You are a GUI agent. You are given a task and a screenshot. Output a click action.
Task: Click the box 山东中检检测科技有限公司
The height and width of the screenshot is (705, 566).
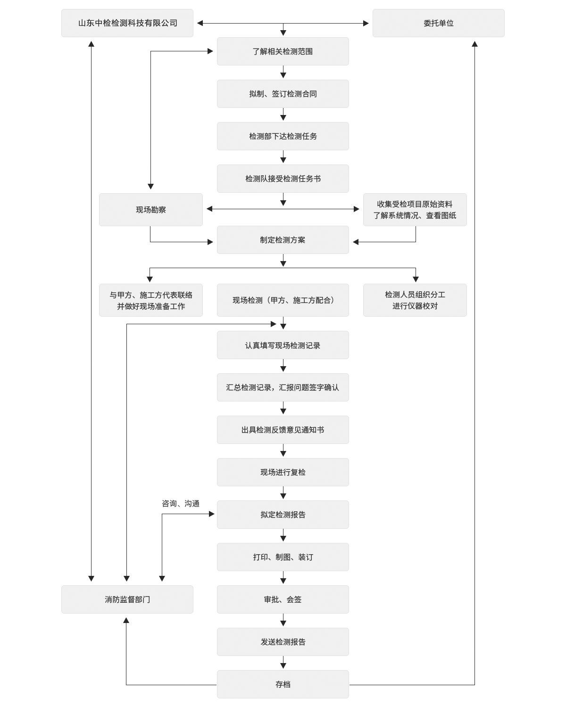127,23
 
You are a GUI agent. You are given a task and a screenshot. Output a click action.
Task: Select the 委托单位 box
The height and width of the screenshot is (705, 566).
439,23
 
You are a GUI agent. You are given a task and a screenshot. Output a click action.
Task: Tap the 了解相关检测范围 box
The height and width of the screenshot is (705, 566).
283,51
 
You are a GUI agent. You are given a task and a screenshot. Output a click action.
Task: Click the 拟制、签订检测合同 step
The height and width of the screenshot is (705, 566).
283,94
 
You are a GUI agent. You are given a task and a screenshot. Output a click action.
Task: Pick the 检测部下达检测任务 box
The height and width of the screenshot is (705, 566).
283,136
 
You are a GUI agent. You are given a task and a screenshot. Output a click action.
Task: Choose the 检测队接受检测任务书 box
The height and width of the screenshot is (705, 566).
283,179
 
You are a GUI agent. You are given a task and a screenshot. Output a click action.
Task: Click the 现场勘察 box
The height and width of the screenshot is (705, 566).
151,210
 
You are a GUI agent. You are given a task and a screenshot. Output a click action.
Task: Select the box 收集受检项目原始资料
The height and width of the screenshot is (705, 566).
415,210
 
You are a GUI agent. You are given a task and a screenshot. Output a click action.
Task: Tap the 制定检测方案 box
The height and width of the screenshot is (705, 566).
283,240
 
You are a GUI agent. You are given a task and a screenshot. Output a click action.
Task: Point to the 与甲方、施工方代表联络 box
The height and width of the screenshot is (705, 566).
151,300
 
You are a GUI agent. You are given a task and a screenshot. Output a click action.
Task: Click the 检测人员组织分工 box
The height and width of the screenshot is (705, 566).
415,300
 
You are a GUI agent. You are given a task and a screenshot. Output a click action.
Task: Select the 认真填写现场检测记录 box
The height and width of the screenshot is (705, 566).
283,345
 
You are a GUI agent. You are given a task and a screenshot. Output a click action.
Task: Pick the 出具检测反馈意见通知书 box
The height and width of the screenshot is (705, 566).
283,430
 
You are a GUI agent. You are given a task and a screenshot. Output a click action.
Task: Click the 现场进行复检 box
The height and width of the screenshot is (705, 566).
283,472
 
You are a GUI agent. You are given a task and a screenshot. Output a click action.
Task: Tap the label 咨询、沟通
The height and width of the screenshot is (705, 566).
181,503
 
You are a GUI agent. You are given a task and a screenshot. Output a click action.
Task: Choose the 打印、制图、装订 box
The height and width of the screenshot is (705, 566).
283,557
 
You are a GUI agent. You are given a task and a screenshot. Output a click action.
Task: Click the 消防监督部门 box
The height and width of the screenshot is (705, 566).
127,599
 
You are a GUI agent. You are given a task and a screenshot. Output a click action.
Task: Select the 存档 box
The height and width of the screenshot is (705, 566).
283,684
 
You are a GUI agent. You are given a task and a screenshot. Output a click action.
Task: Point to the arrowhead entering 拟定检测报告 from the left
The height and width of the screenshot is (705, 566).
212,514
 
